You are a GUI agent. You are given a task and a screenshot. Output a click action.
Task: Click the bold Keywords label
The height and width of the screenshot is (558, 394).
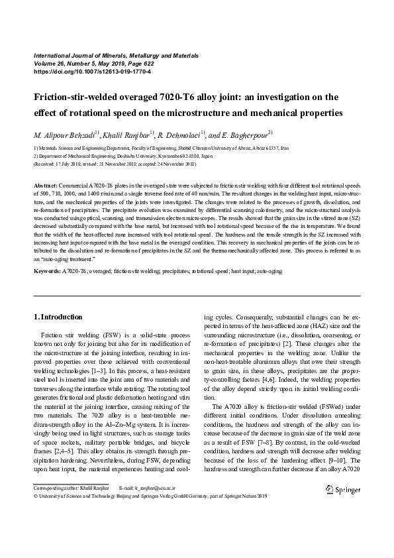[47, 271]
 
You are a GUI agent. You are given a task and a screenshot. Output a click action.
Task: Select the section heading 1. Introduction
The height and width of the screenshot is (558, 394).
[58, 317]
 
